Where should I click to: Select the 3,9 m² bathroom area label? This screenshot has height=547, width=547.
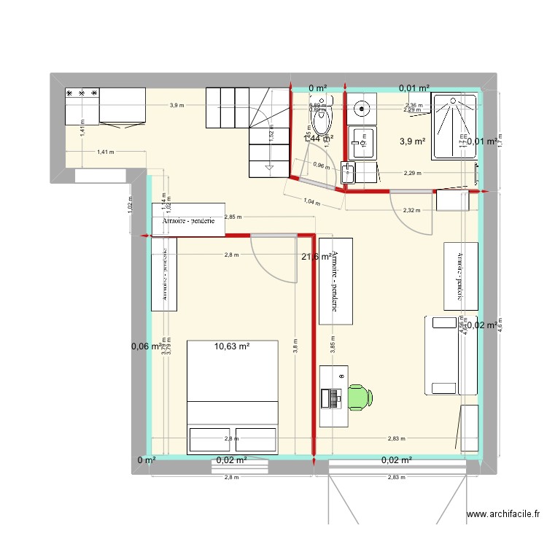point(412,141)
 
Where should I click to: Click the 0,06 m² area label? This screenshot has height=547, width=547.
point(146,346)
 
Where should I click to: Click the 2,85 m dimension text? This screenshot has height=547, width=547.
point(234,217)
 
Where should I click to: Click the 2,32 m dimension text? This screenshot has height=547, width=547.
point(411,211)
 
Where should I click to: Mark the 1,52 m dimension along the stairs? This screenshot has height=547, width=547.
point(271,134)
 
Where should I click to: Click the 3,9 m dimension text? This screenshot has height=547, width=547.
point(176,106)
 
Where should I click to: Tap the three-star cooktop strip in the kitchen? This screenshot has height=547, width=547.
point(82,94)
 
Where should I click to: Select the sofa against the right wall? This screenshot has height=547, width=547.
point(442,355)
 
